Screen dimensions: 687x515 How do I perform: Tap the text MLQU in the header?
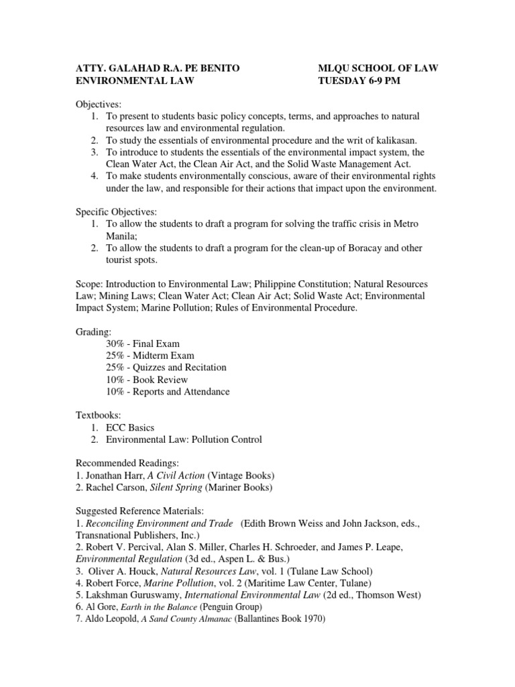pyautogui.click(x=335, y=68)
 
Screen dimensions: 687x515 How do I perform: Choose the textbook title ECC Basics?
pyautogui.click(x=131, y=427)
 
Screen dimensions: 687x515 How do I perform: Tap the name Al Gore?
pyautogui.click(x=99, y=608)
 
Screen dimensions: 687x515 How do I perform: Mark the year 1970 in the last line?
pyautogui.click(x=312, y=620)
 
